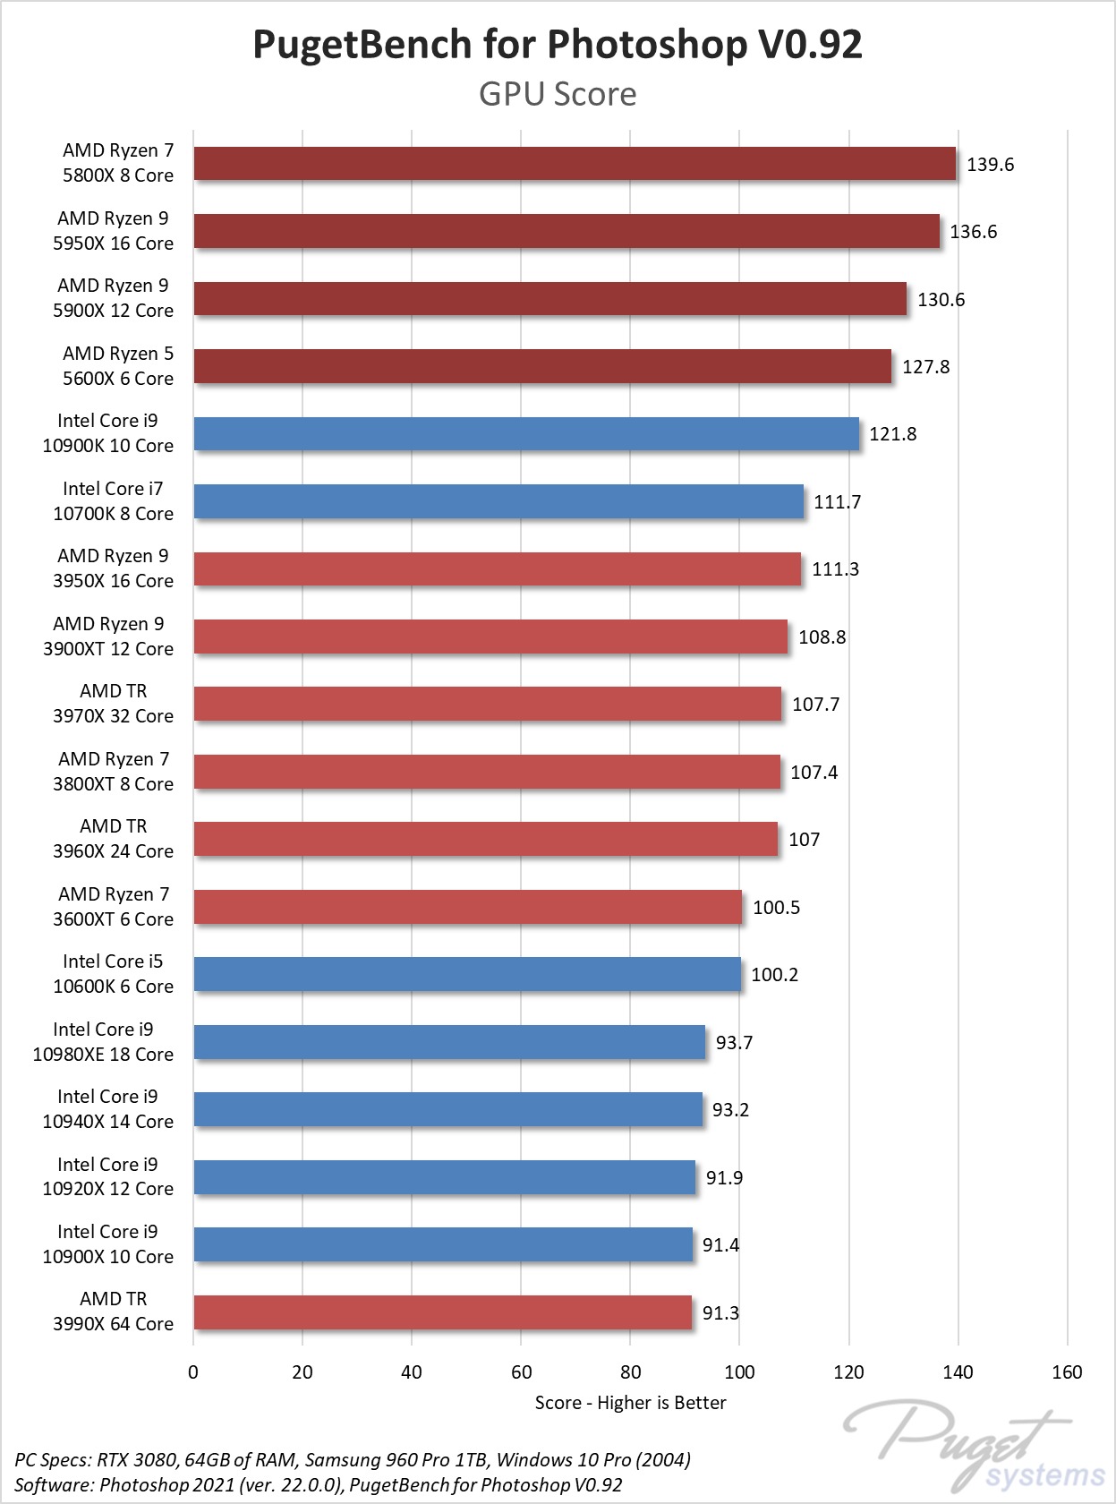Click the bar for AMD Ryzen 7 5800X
tap(575, 164)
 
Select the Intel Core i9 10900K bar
tap(526, 434)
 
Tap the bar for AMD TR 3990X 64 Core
tap(442, 1312)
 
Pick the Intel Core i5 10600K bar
tap(467, 974)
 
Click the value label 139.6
tap(990, 165)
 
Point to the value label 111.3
tap(835, 569)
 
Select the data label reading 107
tap(804, 840)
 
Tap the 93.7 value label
tap(734, 1043)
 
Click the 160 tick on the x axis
tap(1067, 1372)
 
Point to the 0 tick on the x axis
tap(193, 1372)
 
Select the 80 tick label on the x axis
tap(630, 1372)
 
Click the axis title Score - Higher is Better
tap(630, 1403)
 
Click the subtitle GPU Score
tap(558, 94)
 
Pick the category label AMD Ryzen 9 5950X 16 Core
tap(113, 231)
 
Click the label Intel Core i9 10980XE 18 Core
tap(103, 1042)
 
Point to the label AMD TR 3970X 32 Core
tap(113, 704)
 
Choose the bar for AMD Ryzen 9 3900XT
tap(490, 637)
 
